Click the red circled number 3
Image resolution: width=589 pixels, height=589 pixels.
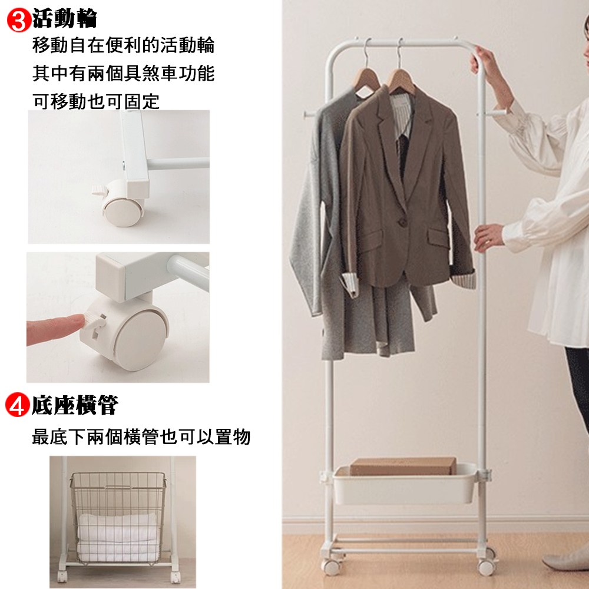(x=19, y=21)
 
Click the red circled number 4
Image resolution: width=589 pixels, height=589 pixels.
(x=17, y=405)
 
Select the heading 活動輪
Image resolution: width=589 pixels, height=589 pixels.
(x=65, y=18)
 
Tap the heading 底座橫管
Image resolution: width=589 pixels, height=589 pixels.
(x=75, y=405)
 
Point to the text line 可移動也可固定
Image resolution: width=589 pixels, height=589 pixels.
(x=96, y=101)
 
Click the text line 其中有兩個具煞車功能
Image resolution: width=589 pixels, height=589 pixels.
(x=124, y=73)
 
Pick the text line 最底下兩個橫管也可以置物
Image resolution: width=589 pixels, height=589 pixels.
(x=141, y=436)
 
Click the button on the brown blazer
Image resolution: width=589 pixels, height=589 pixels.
(x=402, y=222)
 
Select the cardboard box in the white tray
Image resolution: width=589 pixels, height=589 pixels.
(x=403, y=466)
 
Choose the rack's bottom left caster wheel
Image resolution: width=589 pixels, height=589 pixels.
(x=330, y=566)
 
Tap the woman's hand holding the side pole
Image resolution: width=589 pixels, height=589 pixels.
(x=488, y=238)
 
